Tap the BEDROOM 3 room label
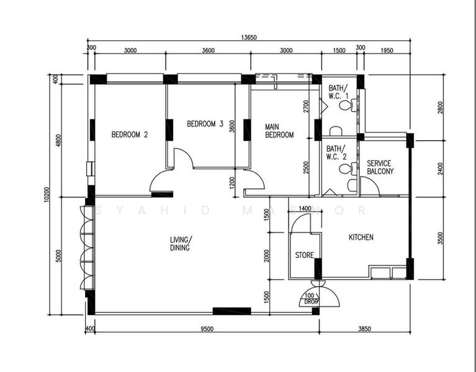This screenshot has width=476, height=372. click(x=205, y=123)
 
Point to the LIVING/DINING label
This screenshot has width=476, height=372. click(x=181, y=243)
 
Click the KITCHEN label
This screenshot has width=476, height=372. click(x=361, y=237)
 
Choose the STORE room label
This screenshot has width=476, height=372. click(x=304, y=255)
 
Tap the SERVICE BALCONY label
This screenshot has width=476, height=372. click(x=380, y=167)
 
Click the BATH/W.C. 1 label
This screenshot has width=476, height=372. click(x=338, y=92)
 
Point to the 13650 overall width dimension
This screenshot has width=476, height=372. click(x=249, y=38)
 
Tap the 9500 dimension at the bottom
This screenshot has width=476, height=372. click(x=207, y=329)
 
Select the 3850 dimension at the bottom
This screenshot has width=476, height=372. click(x=365, y=329)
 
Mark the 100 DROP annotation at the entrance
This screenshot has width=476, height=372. click(x=312, y=299)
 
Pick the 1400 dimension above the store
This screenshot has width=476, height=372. click(x=305, y=209)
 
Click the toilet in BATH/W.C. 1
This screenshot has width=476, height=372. click(x=346, y=106)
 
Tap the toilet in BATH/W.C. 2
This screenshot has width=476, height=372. click(x=346, y=168)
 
